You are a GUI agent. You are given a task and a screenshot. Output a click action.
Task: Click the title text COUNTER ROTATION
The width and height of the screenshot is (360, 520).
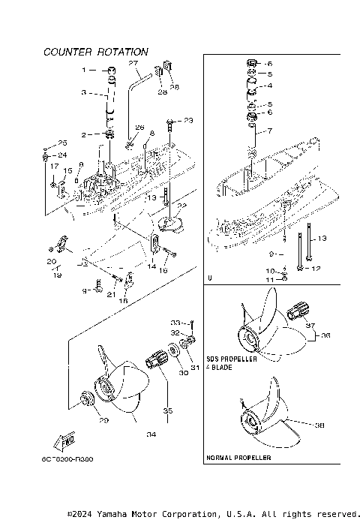[x=95, y=52]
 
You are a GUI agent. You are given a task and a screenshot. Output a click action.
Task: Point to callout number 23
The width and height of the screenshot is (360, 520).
[x=187, y=120]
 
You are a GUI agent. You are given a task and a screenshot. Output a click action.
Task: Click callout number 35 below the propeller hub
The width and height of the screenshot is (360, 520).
[x=167, y=410]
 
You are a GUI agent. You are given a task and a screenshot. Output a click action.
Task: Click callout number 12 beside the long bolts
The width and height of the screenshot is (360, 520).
[x=316, y=268]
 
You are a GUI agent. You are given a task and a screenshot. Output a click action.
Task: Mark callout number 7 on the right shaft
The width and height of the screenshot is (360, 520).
[x=270, y=131]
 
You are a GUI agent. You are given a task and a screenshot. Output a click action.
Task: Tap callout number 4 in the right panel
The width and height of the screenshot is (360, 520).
[x=270, y=85]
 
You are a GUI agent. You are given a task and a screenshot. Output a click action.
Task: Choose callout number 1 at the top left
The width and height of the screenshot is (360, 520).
[x=85, y=69]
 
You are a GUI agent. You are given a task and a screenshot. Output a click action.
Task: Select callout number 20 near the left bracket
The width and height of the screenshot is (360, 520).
[x=52, y=261]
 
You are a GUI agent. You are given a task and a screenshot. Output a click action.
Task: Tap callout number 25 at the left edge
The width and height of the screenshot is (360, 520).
[x=62, y=143]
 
